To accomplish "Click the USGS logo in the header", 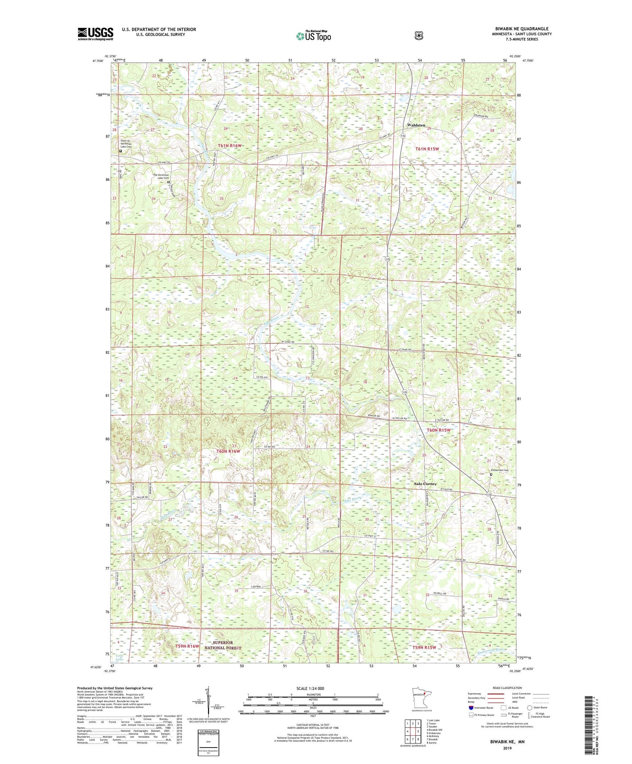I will pos(95,34).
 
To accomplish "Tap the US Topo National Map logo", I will pos(313,36).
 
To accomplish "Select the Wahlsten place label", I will pos(416,125).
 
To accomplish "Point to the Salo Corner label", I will pos(425,484).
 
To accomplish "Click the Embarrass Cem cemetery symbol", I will pos(491,474).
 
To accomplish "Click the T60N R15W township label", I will pos(439,430).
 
